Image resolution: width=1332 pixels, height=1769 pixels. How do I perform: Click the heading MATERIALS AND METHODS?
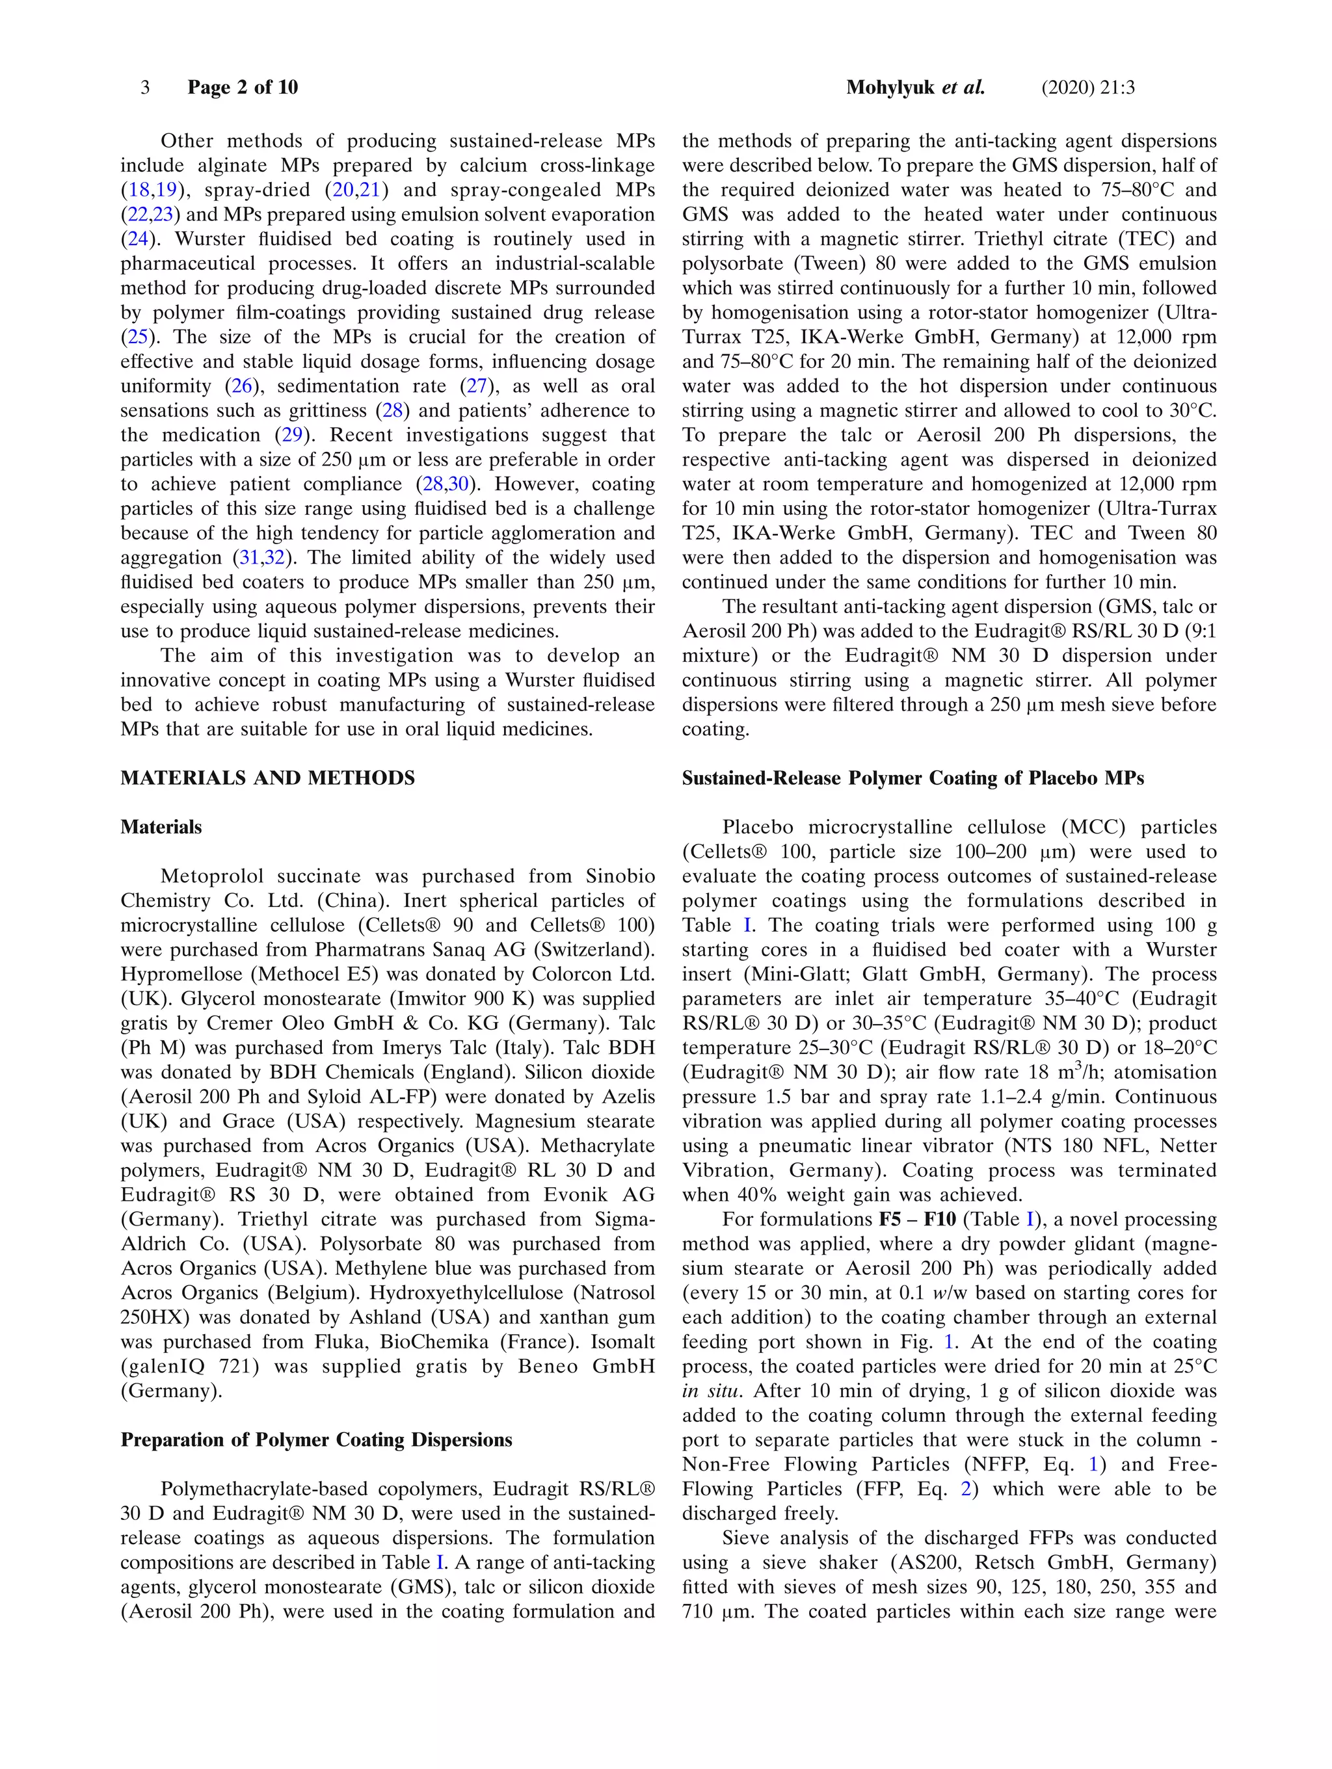[x=267, y=778]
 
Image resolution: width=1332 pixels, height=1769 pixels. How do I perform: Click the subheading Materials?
[x=161, y=827]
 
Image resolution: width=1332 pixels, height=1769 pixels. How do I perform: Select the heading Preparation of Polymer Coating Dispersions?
[x=316, y=1440]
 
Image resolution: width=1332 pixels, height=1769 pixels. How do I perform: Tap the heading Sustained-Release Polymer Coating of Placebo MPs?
[x=912, y=778]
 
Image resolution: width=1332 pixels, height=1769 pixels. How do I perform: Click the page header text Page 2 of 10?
[x=243, y=87]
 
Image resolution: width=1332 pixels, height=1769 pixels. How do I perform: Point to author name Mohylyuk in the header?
[x=890, y=87]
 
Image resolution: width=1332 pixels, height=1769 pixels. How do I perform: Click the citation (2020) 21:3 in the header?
[x=1087, y=87]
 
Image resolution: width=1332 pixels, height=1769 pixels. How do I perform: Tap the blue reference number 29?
[x=287, y=435]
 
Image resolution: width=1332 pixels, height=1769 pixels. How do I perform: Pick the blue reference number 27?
[x=477, y=386]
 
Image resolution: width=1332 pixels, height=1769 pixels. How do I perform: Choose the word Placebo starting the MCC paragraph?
[x=759, y=828]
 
